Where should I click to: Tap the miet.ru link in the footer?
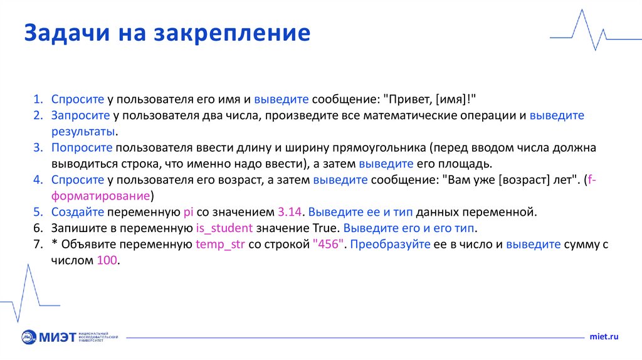click(604, 337)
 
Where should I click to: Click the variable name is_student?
click(224, 228)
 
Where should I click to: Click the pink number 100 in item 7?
click(107, 260)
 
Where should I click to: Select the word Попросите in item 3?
click(82, 149)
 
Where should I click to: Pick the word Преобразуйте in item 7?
click(390, 244)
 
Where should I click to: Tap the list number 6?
click(37, 228)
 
